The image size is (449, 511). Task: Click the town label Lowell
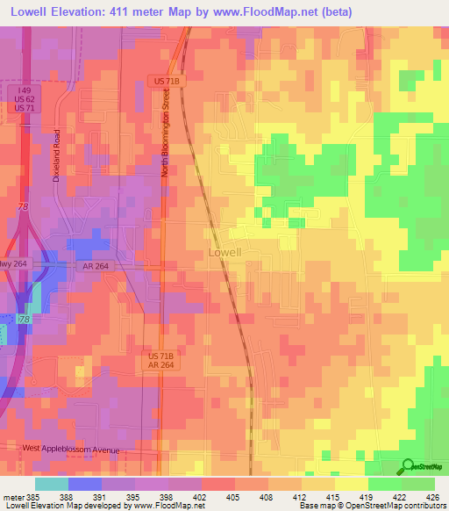[224, 252]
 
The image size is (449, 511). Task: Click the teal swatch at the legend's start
[51, 484]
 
